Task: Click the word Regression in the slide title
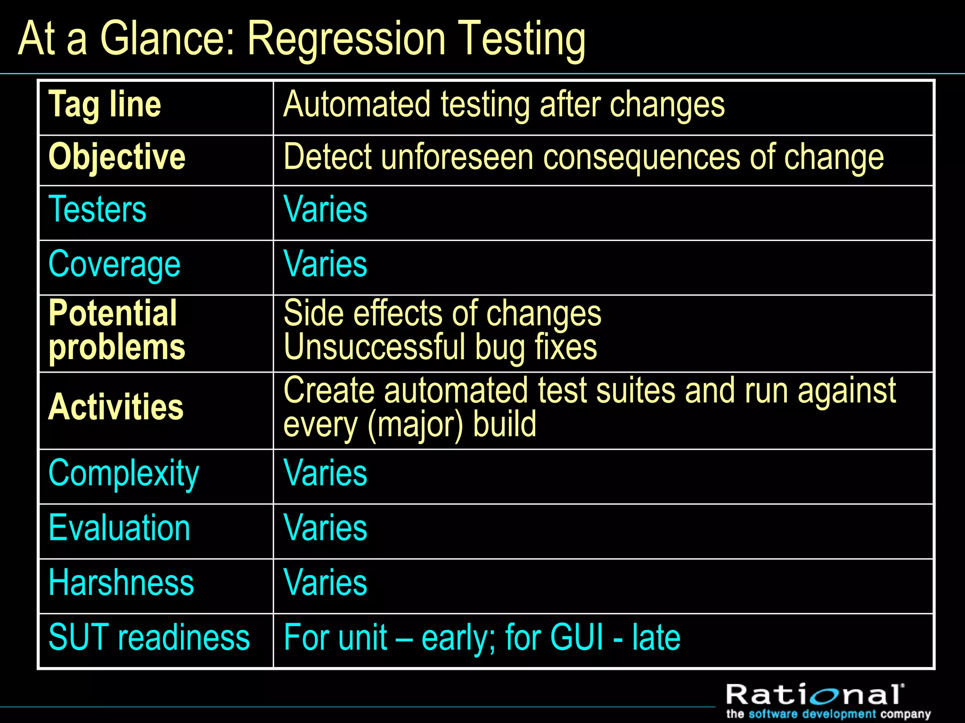pyautogui.click(x=346, y=40)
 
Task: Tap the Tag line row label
pyautogui.click(x=105, y=105)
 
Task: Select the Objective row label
pyautogui.click(x=117, y=157)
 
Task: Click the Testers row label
pyautogui.click(x=98, y=209)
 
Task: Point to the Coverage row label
pyautogui.click(x=114, y=265)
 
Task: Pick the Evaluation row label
pyautogui.click(x=119, y=528)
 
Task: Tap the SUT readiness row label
pyautogui.click(x=149, y=638)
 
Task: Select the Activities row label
pyautogui.click(x=116, y=408)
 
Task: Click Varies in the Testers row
pyautogui.click(x=325, y=209)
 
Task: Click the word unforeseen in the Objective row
pyautogui.click(x=457, y=157)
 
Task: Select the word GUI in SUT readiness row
pyautogui.click(x=576, y=638)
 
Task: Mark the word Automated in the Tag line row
pyautogui.click(x=357, y=105)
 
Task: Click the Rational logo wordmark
pyautogui.click(x=815, y=695)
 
